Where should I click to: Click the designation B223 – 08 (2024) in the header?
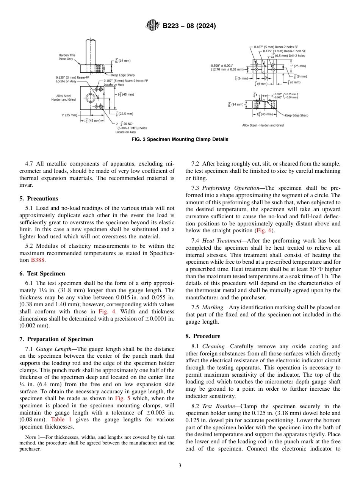pos(189,26)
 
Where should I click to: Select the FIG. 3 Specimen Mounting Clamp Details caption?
pos(180,139)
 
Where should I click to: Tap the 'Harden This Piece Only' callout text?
pos(67,57)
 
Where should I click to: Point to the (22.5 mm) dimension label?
pos(125,113)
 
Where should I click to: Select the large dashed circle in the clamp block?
pos(91,98)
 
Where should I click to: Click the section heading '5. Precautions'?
pos(39,198)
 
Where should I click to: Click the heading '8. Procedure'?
pos(203,336)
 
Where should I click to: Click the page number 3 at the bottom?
pos(180,465)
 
